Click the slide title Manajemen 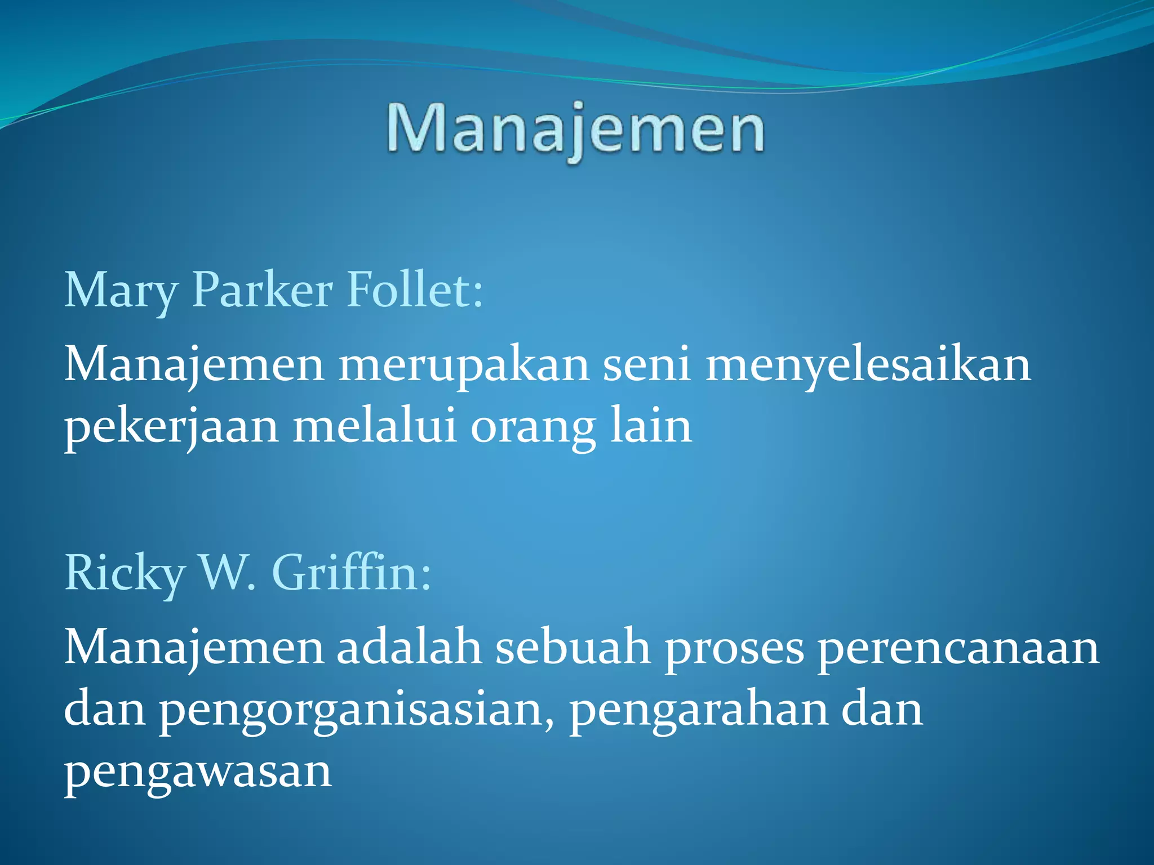point(576,130)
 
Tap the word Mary point(121,291)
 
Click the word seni point(647,365)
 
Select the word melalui point(374,426)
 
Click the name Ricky point(125,573)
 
